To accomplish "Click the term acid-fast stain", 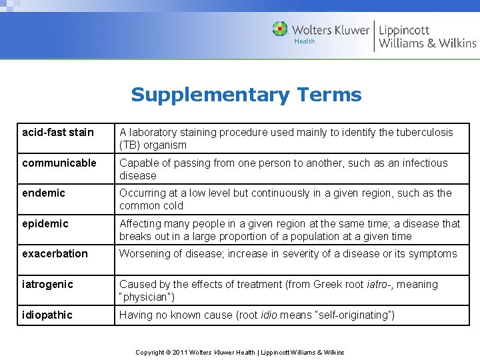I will click(x=58, y=132).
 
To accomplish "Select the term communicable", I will click(x=59, y=163).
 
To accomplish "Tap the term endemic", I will click(x=43, y=193).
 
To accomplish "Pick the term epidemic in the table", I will click(x=45, y=224).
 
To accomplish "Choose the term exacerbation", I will click(x=55, y=253).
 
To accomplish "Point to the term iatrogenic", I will click(x=47, y=284).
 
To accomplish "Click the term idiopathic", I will click(x=47, y=315).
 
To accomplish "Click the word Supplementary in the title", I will click(x=210, y=95).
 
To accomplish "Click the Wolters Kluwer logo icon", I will click(x=280, y=29).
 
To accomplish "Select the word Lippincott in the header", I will click(x=404, y=30).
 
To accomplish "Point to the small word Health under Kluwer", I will click(x=305, y=41).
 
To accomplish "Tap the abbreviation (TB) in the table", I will click(x=130, y=145).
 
